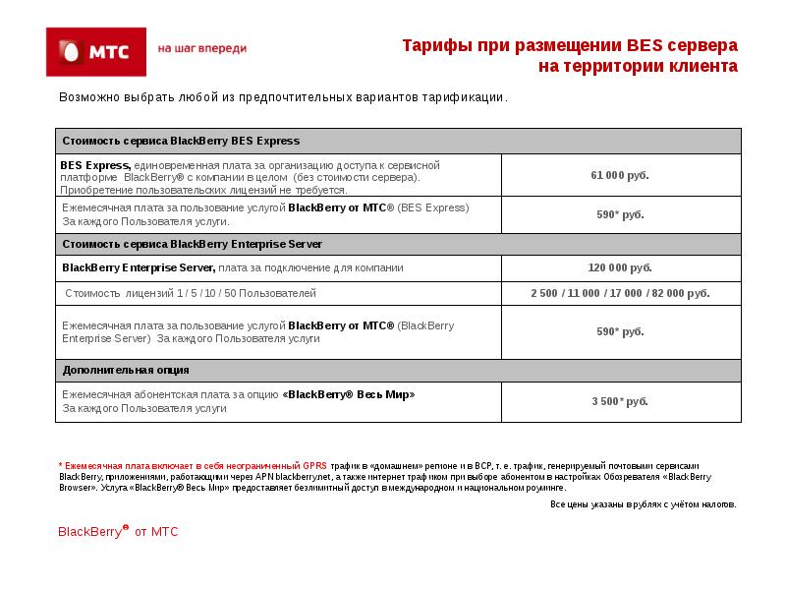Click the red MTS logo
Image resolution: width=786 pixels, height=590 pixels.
(x=96, y=51)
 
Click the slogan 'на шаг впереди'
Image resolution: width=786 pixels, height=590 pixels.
(x=202, y=48)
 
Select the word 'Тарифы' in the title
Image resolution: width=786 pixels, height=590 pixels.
(x=434, y=46)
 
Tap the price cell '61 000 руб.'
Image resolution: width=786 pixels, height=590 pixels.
(x=620, y=175)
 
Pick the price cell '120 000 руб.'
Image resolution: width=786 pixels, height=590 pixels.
(x=620, y=267)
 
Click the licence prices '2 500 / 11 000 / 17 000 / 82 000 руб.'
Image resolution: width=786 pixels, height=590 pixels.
(x=620, y=293)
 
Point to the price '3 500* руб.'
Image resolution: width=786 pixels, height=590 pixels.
(x=620, y=401)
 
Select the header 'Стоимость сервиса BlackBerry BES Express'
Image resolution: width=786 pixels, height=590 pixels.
(x=181, y=141)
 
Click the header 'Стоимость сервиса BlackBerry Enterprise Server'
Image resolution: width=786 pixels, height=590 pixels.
(x=193, y=243)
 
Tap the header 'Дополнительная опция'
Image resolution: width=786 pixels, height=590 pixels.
(x=126, y=370)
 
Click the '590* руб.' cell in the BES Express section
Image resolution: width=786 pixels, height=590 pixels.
(x=620, y=214)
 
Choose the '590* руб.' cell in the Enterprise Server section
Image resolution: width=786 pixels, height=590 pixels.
(x=620, y=331)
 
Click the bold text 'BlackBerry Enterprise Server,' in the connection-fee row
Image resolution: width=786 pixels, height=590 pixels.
(x=139, y=267)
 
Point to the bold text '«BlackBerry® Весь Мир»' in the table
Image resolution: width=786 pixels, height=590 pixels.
(x=349, y=394)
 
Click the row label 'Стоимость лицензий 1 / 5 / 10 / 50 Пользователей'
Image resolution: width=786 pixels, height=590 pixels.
(x=191, y=293)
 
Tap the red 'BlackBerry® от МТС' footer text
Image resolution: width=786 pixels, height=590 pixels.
(x=118, y=532)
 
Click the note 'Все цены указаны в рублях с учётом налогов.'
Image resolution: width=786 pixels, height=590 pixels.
(x=643, y=504)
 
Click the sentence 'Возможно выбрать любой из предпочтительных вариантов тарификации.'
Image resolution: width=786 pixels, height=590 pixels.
(x=283, y=98)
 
